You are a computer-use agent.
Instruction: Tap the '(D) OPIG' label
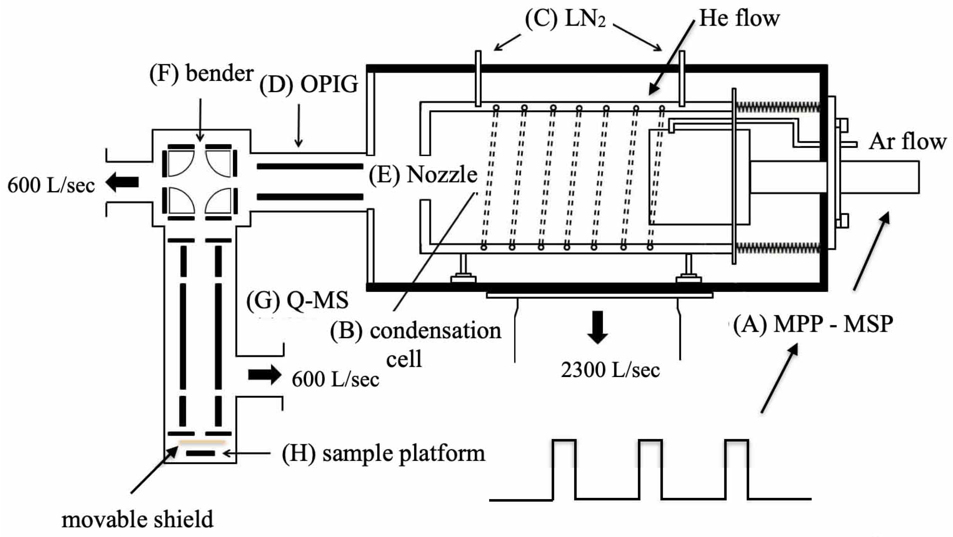(309, 84)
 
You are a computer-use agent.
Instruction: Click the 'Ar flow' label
(907, 142)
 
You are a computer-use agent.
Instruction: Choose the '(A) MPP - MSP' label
(813, 324)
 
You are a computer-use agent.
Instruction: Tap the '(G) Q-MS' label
(297, 300)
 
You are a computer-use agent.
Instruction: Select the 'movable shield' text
(137, 519)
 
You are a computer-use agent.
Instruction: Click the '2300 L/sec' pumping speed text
(610, 370)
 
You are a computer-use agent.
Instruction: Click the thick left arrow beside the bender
(123, 182)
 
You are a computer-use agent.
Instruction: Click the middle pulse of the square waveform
(651, 469)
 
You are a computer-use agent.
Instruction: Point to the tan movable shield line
(202, 442)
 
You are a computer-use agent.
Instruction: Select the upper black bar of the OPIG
(310, 167)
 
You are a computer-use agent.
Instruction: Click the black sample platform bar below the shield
(200, 453)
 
